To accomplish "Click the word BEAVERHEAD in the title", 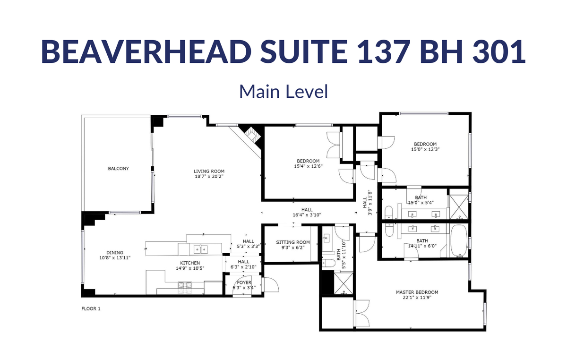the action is [146, 51].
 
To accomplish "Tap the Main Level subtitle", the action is [283, 91].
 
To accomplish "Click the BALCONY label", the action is [119, 168].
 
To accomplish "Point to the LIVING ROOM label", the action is [209, 171].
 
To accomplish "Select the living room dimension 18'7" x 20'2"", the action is [209, 176].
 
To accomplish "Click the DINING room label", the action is [115, 252].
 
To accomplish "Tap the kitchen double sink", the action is [200, 249].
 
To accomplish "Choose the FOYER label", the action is [244, 282].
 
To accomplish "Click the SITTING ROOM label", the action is [293, 242].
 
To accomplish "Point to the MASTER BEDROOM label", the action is [417, 292].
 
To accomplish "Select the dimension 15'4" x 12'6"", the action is [308, 166].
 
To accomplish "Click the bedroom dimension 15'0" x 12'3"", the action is [425, 149].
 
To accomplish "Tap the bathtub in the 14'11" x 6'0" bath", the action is [459, 241].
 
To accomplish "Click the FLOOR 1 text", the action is [91, 309].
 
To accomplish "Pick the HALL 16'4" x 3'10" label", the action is [307, 213].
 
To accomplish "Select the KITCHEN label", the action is [190, 263].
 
